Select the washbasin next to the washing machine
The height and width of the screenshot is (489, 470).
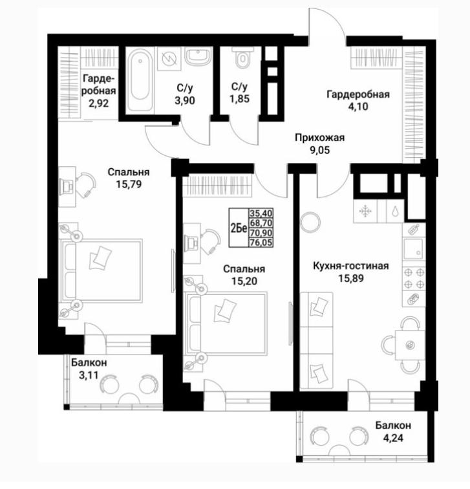coord(199,56)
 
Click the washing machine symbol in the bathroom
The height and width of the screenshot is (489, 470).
coord(169,58)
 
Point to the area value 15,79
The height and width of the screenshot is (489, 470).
coord(129,184)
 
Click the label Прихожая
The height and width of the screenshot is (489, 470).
coord(320,138)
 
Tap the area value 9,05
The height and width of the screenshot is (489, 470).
coord(319,150)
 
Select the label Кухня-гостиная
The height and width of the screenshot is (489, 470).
coord(350,266)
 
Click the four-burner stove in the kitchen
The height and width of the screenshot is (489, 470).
coord(414,279)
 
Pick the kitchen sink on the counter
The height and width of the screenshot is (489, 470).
coord(413,249)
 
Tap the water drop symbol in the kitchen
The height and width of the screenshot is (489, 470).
coord(395,212)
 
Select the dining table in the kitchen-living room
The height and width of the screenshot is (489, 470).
coord(410,345)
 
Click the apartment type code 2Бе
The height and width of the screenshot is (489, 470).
coord(239,228)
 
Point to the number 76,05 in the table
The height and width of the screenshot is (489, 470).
coord(261,243)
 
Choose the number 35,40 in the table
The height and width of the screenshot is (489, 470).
coord(261,213)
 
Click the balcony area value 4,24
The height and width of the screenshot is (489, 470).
coord(393,438)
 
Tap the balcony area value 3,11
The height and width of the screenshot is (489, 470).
coord(89,375)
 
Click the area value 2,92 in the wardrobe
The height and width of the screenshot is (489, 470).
coord(99,103)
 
